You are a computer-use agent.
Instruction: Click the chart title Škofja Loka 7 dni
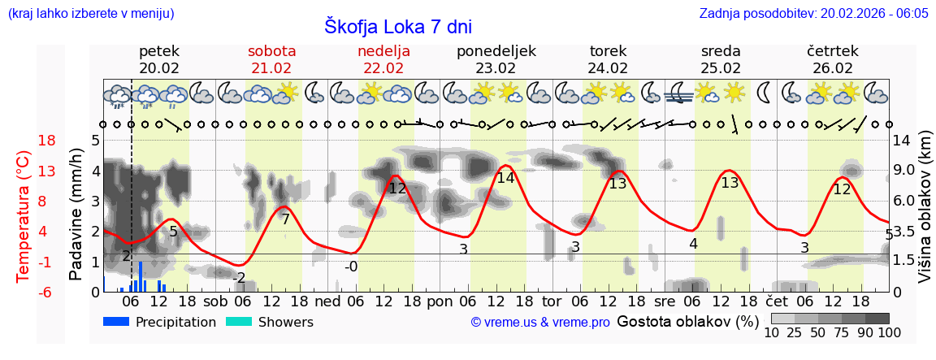[397, 26]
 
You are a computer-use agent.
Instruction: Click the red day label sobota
[271, 51]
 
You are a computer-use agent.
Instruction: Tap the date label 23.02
[496, 68]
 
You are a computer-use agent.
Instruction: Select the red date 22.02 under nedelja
[383, 68]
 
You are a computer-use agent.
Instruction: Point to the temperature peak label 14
[505, 178]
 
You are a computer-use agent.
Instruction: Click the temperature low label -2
[239, 278]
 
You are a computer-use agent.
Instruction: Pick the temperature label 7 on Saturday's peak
[285, 219]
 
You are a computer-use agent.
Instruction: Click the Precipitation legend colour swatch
[117, 322]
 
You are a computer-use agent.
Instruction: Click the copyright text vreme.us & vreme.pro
[540, 323]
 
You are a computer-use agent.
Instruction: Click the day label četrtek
[833, 51]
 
